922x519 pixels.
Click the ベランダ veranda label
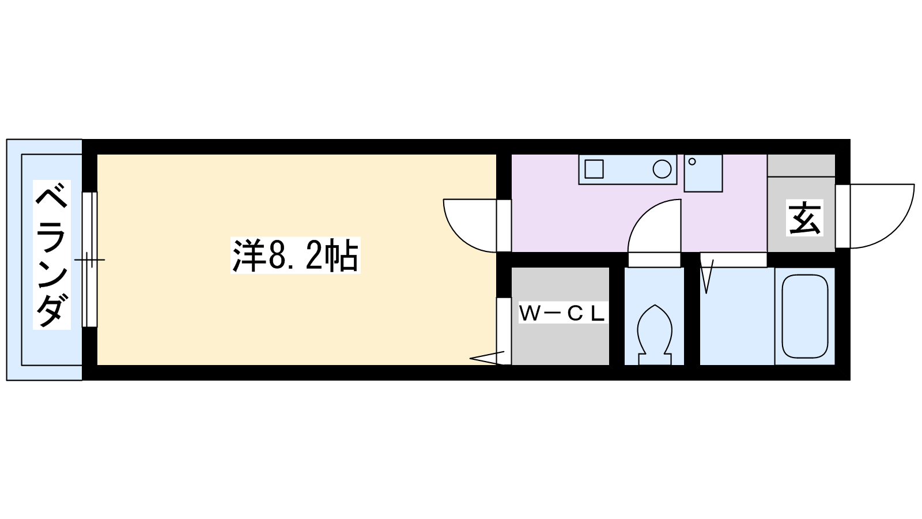[x=52, y=254]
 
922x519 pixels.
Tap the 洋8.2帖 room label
[x=296, y=255]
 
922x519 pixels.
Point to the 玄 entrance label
[x=804, y=218]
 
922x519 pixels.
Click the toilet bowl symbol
[x=655, y=334]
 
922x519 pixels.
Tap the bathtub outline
[x=804, y=317]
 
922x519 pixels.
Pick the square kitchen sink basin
[x=594, y=169]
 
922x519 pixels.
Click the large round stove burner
[x=662, y=169]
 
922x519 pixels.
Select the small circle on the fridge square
[x=692, y=161]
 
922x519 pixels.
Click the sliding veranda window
[x=90, y=259]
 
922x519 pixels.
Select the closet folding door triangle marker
[x=488, y=358]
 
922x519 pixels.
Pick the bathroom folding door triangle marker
[x=706, y=276]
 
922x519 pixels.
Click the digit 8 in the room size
[x=277, y=255]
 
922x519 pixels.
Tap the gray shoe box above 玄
[x=801, y=166]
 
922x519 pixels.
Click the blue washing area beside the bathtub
[x=737, y=317]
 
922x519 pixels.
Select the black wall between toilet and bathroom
[x=692, y=309]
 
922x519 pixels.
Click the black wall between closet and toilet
[x=617, y=317]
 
